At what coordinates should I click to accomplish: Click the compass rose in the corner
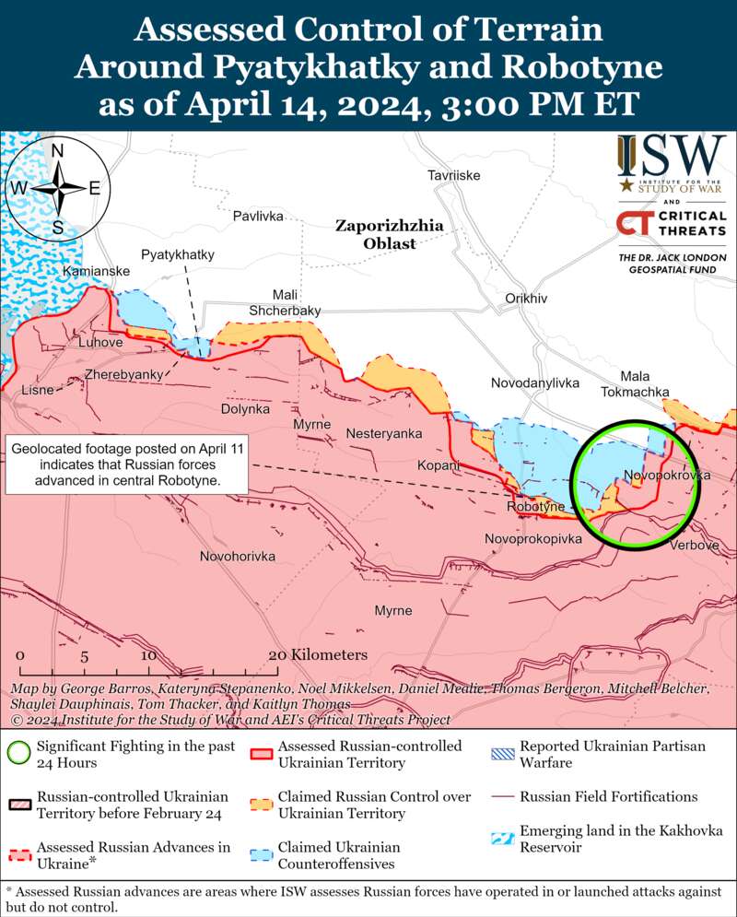click(57, 187)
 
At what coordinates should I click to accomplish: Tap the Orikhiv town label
click(526, 299)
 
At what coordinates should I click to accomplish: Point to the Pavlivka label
click(258, 216)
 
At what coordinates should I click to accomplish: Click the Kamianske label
click(96, 271)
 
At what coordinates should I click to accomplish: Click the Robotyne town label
click(535, 508)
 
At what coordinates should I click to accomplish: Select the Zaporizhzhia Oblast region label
click(376, 234)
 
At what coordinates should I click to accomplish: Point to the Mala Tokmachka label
click(635, 383)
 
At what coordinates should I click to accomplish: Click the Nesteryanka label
click(384, 433)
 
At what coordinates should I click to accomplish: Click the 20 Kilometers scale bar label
click(317, 654)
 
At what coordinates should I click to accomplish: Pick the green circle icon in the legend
click(18, 753)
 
